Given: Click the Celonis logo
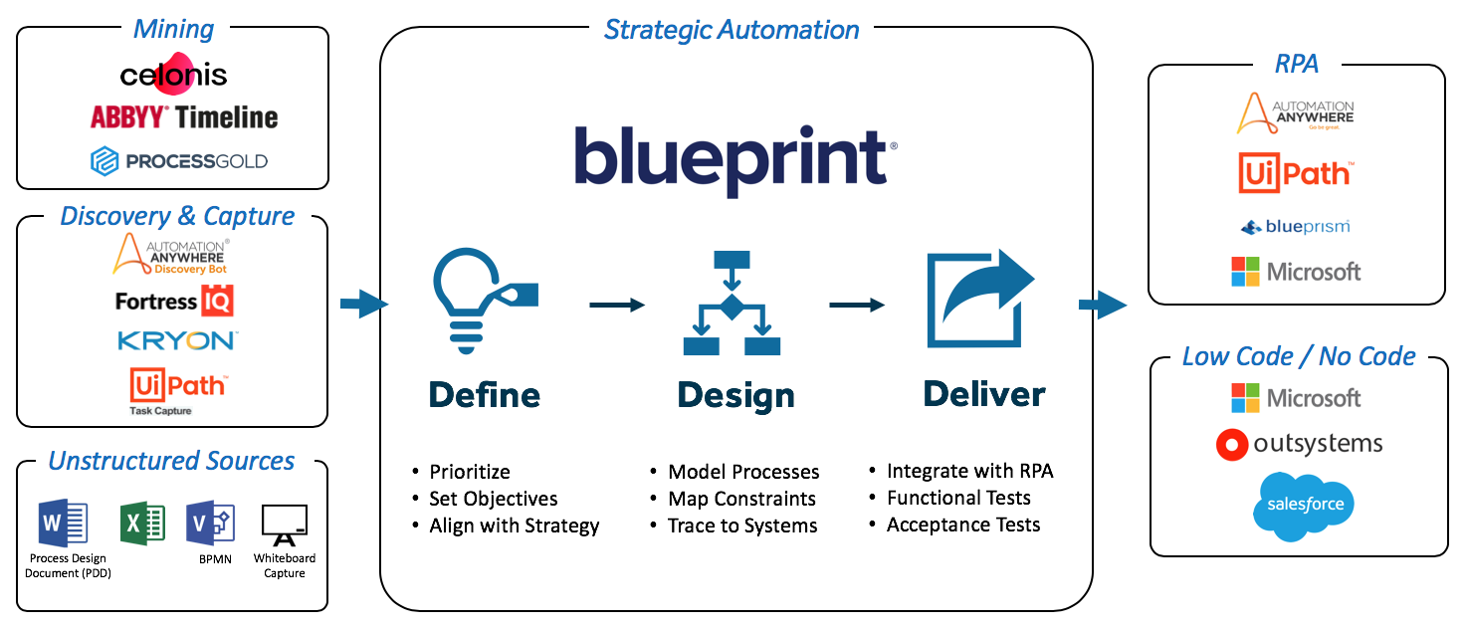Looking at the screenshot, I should (173, 75).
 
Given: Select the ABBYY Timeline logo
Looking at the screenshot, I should (184, 117).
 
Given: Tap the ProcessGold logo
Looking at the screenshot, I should (179, 161).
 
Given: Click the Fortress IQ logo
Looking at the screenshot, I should (174, 301).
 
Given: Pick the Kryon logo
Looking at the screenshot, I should (177, 341).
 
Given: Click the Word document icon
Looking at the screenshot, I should (63, 523).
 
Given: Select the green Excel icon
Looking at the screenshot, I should (141, 523).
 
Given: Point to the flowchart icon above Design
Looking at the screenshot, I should (732, 304).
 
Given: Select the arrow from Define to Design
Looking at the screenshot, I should (617, 305).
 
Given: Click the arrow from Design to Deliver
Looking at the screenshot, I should (857, 305).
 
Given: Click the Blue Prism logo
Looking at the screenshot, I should (1295, 227).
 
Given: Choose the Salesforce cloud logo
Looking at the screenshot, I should (1304, 506).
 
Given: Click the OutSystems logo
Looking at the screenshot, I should (1299, 444).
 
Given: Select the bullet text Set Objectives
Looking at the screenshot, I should (493, 499).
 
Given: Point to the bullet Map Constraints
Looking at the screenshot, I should (741, 499).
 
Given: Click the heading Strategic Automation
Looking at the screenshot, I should (732, 30).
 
